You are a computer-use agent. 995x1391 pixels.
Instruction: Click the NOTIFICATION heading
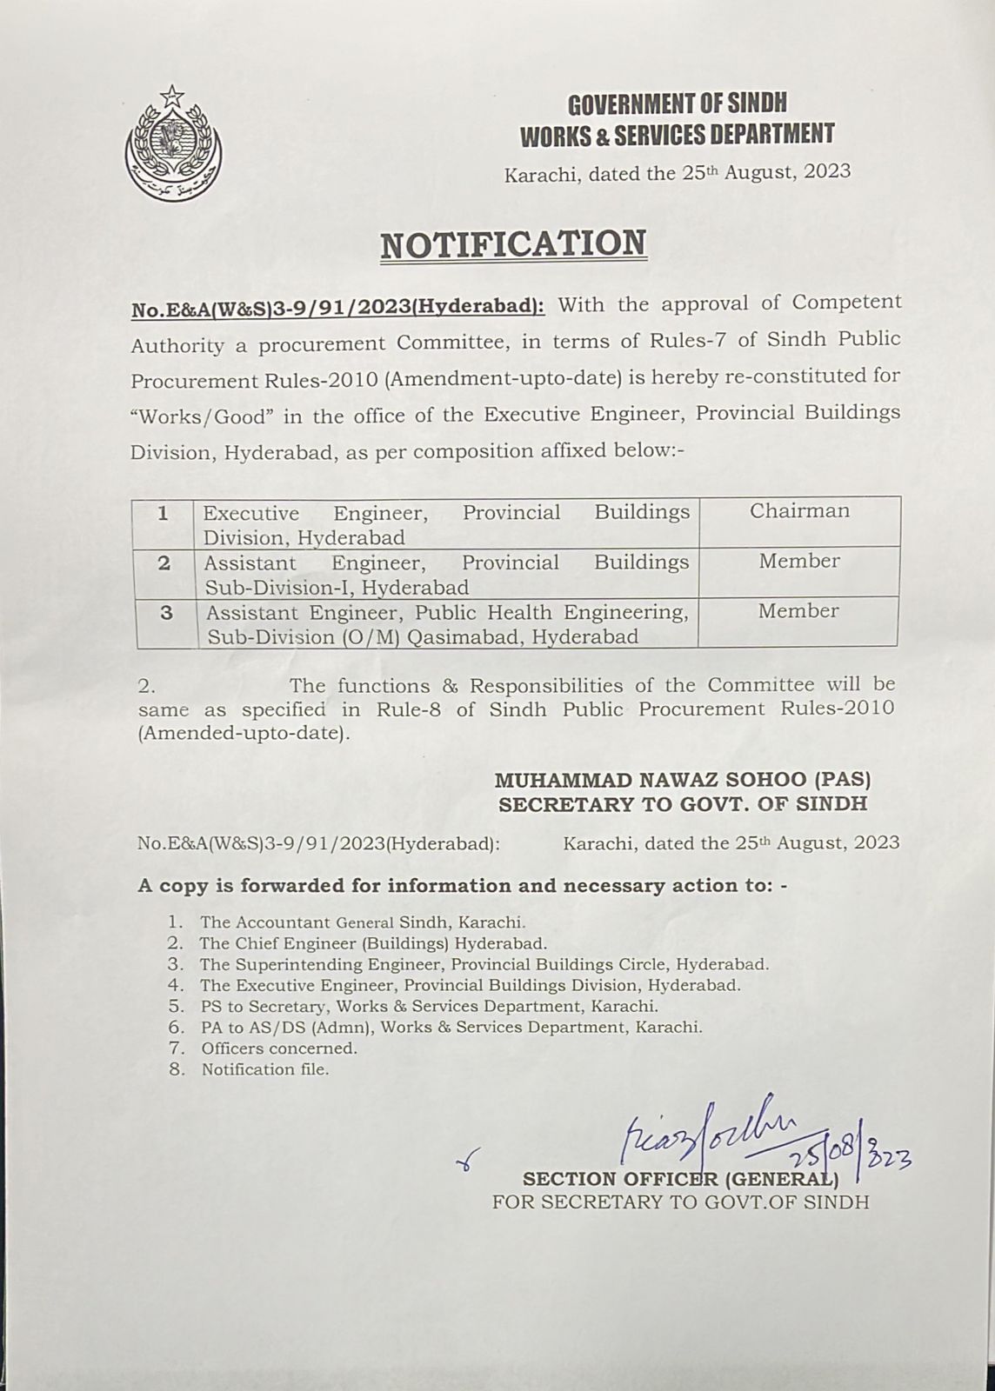pyautogui.click(x=513, y=244)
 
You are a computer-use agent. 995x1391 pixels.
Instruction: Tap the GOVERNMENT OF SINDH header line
pyautogui.click(x=677, y=104)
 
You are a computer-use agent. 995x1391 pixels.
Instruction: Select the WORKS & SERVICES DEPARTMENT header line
pyautogui.click(x=677, y=135)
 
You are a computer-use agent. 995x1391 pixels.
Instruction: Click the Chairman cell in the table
pyautogui.click(x=799, y=511)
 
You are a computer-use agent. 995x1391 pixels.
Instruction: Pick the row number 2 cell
pyautogui.click(x=164, y=562)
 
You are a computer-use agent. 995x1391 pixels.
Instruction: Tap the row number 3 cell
pyautogui.click(x=166, y=613)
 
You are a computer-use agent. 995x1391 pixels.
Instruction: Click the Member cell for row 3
pyautogui.click(x=798, y=611)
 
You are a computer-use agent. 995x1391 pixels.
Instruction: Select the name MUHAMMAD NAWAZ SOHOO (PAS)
pyautogui.click(x=683, y=781)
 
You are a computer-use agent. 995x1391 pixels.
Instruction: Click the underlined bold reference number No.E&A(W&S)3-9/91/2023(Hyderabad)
pyautogui.click(x=337, y=307)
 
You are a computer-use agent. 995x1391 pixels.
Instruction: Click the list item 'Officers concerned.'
pyautogui.click(x=279, y=1048)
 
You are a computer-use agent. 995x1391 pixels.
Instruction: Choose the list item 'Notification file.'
pyautogui.click(x=265, y=1070)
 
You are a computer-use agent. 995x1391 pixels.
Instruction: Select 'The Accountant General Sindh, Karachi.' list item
pyautogui.click(x=363, y=922)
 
